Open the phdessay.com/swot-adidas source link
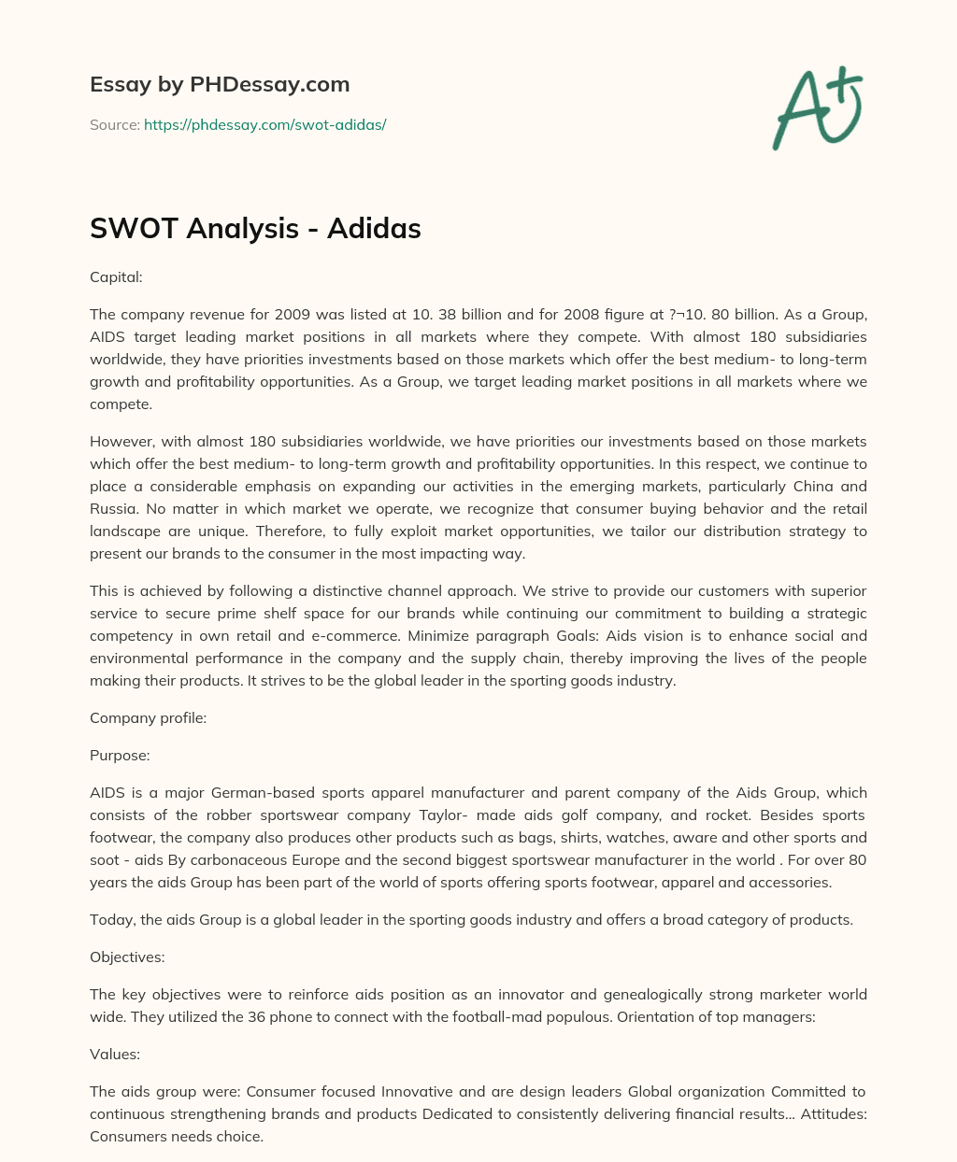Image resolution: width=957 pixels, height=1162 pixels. (x=264, y=124)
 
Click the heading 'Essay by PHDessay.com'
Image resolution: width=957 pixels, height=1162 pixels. (x=220, y=84)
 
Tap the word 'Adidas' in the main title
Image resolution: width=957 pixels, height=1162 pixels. (x=374, y=228)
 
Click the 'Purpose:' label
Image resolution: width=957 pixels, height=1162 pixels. (x=120, y=755)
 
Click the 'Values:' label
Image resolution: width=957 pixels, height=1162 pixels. (x=115, y=1054)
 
